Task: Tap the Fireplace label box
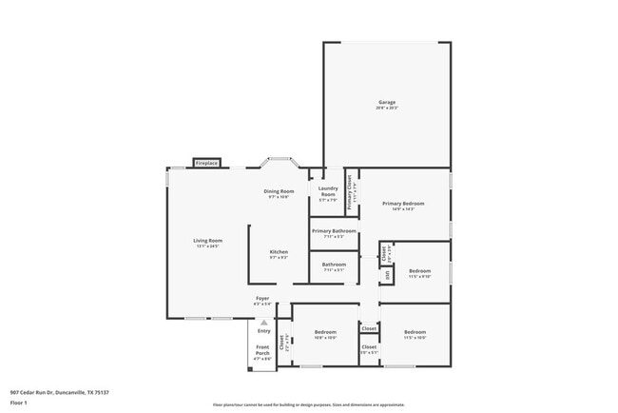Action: click(207, 164)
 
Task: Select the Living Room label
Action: click(207, 242)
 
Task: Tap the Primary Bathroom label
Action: click(334, 233)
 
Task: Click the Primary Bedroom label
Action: click(403, 205)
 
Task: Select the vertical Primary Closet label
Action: click(350, 193)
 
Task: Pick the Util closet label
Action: click(387, 276)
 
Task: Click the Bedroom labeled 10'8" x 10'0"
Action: click(325, 334)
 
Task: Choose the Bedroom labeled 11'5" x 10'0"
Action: click(415, 334)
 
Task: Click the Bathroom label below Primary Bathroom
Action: click(334, 266)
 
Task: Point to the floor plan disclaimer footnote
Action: click(308, 404)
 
